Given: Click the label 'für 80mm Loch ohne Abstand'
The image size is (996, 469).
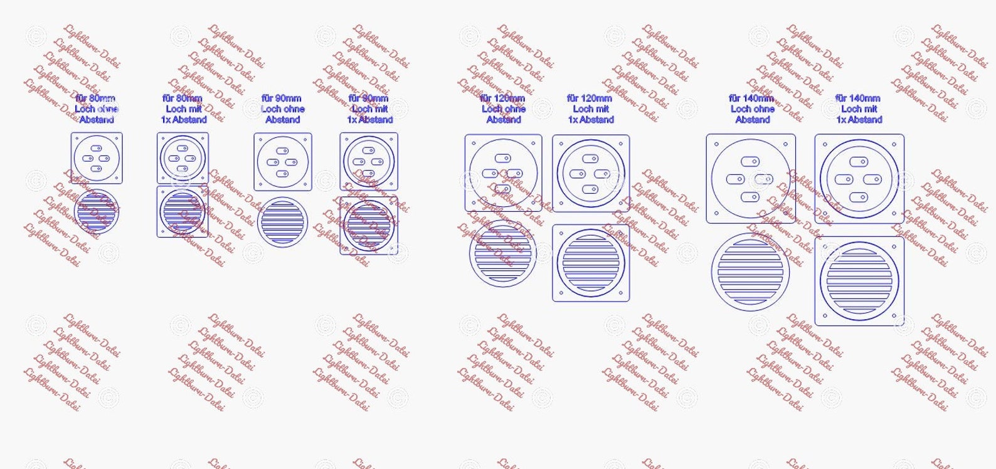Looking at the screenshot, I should coord(96,109).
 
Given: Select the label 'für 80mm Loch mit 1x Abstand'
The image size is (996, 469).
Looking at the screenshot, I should coord(183,109).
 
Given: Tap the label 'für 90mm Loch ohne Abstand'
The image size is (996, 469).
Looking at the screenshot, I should coord(282,109).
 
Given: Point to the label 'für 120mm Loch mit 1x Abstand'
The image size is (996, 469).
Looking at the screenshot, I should coord(590,109).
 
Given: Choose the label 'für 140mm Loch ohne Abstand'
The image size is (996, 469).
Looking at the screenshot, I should coord(752,109).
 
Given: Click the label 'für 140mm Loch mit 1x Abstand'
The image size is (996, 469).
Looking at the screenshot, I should coord(859,109).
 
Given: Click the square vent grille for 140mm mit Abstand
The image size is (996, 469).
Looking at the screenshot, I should coord(859,281).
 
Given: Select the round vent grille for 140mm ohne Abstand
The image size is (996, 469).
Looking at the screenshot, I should coord(751,271).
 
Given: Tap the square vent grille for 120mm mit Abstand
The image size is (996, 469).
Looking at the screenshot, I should coord(590,263).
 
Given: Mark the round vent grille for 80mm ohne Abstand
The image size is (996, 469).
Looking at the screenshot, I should coord(96,211).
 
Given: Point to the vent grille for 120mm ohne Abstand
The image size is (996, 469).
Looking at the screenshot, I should coord(502,253).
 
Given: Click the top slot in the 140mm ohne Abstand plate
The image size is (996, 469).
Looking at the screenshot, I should coord(751,161).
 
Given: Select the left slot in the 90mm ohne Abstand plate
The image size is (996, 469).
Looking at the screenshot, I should coord(273,162).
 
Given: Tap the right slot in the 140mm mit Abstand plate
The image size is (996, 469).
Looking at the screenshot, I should coord(872,180).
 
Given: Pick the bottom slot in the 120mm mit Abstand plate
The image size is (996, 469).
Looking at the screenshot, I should coord(590,189).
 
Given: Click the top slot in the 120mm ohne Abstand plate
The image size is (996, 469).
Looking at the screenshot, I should coord(502,159).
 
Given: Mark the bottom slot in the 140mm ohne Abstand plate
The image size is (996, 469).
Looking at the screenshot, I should coord(751,197).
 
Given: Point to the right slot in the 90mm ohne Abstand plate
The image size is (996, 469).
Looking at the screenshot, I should coord(292,162).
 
